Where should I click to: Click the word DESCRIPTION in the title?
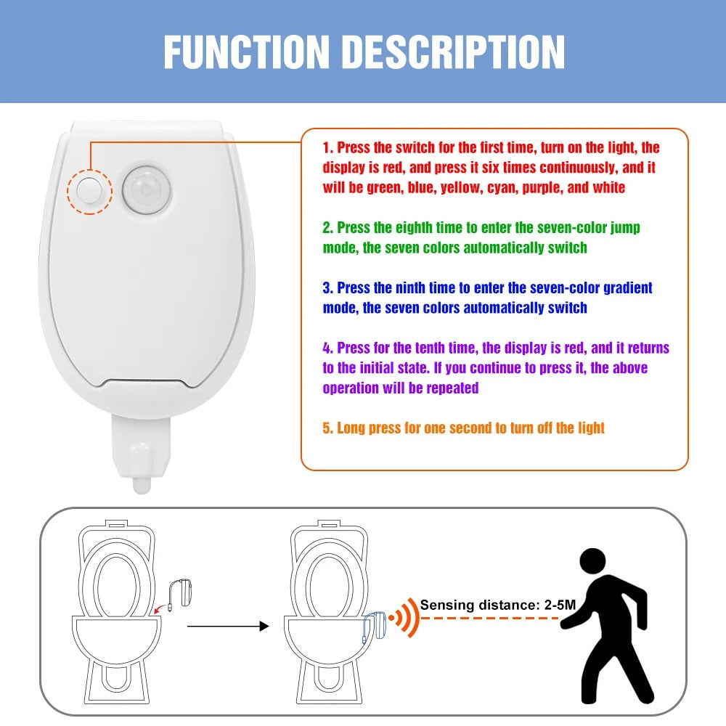454,52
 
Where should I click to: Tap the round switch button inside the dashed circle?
89,190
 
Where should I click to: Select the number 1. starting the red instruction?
327,147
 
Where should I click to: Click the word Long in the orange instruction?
353,428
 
